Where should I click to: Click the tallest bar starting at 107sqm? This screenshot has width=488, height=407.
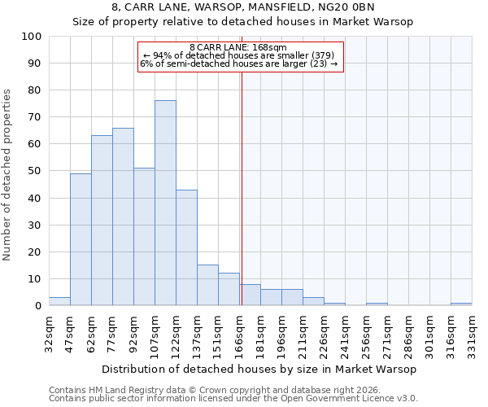[x=165, y=203]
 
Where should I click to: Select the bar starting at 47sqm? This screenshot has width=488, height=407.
[x=81, y=239]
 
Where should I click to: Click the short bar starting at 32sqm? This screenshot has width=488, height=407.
[x=59, y=301]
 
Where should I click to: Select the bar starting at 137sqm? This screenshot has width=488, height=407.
[x=207, y=285]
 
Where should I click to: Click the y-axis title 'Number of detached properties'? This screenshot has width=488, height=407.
[x=8, y=176]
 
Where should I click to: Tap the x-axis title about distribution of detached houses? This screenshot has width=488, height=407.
[x=259, y=369]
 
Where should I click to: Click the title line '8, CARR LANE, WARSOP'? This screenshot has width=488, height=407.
[x=242, y=7]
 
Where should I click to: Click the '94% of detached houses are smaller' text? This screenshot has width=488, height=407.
[x=238, y=55]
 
